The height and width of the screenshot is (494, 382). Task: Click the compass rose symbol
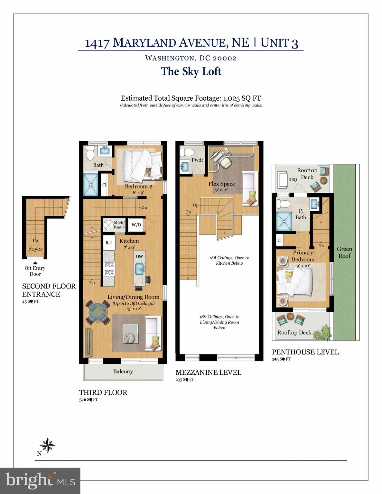[x=47, y=446]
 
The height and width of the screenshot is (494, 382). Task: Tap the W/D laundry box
[x=136, y=225]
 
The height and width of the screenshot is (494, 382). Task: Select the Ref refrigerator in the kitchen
[x=109, y=242]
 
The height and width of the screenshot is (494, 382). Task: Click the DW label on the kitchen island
[x=139, y=256]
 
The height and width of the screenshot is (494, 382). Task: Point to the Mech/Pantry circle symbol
[x=108, y=224]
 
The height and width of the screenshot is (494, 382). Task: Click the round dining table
[x=98, y=312]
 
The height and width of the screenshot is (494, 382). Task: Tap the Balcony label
[x=123, y=371]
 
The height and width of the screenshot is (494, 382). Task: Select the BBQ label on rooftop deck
[x=293, y=180]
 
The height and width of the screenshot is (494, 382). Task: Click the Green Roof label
[x=344, y=252]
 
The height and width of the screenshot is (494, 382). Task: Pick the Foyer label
[x=35, y=249]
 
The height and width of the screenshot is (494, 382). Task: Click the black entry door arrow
[x=35, y=263]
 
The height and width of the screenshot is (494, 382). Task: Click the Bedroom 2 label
[x=138, y=187]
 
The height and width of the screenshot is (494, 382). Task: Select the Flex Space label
[x=221, y=184]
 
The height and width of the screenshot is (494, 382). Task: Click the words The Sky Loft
[x=191, y=71]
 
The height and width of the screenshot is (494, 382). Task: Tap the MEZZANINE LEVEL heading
[x=208, y=372]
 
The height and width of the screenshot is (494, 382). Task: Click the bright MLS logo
[x=40, y=481]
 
